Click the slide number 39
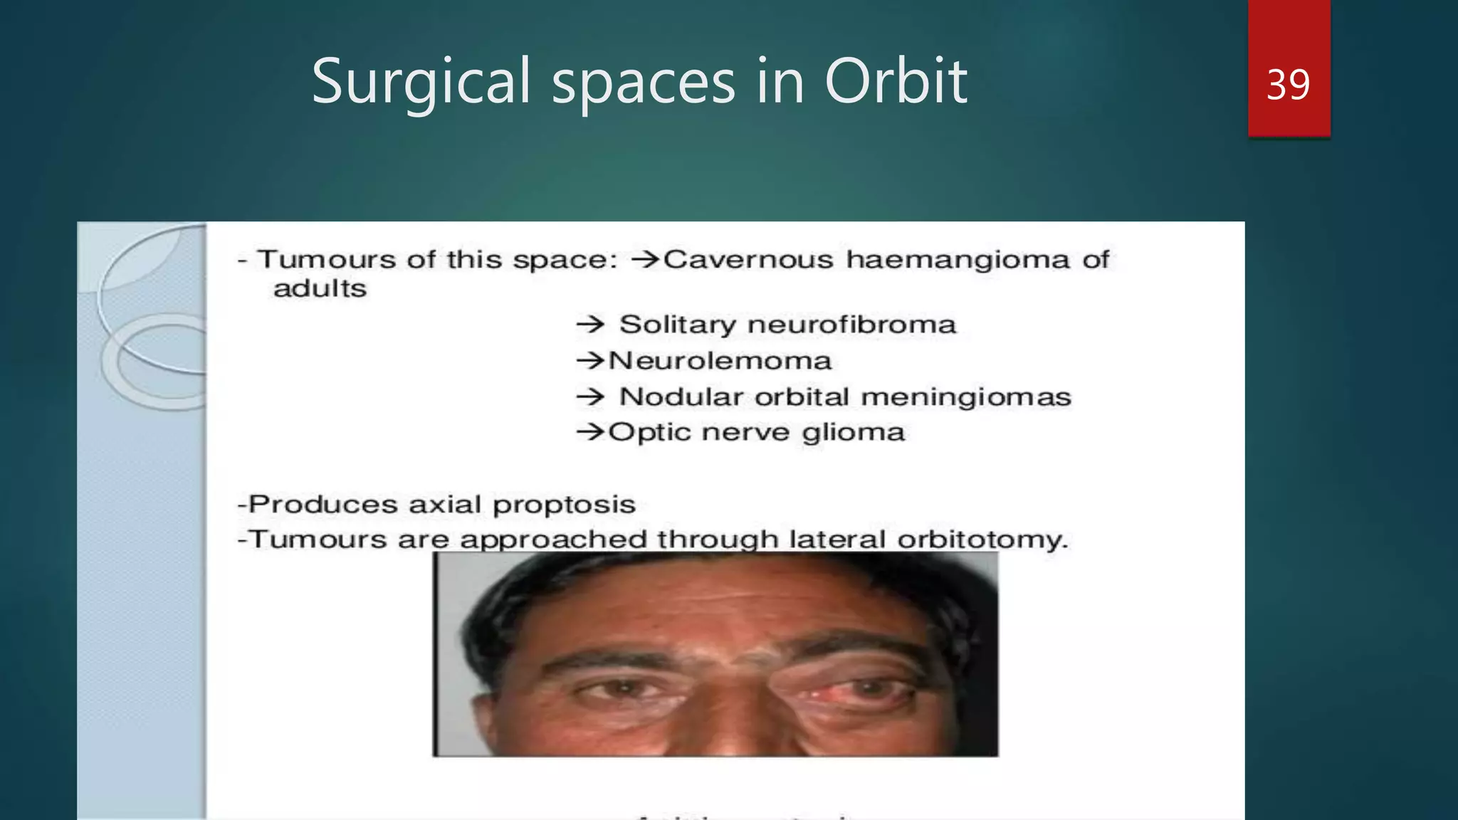click(x=1288, y=85)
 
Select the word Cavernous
click(x=748, y=260)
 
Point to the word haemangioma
click(x=958, y=261)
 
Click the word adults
click(x=320, y=289)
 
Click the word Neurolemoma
click(x=720, y=361)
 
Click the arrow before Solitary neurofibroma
click(x=590, y=325)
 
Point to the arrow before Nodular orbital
click(x=590, y=397)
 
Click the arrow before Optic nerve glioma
click(x=590, y=432)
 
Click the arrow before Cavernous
click(x=646, y=260)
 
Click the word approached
click(x=552, y=540)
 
